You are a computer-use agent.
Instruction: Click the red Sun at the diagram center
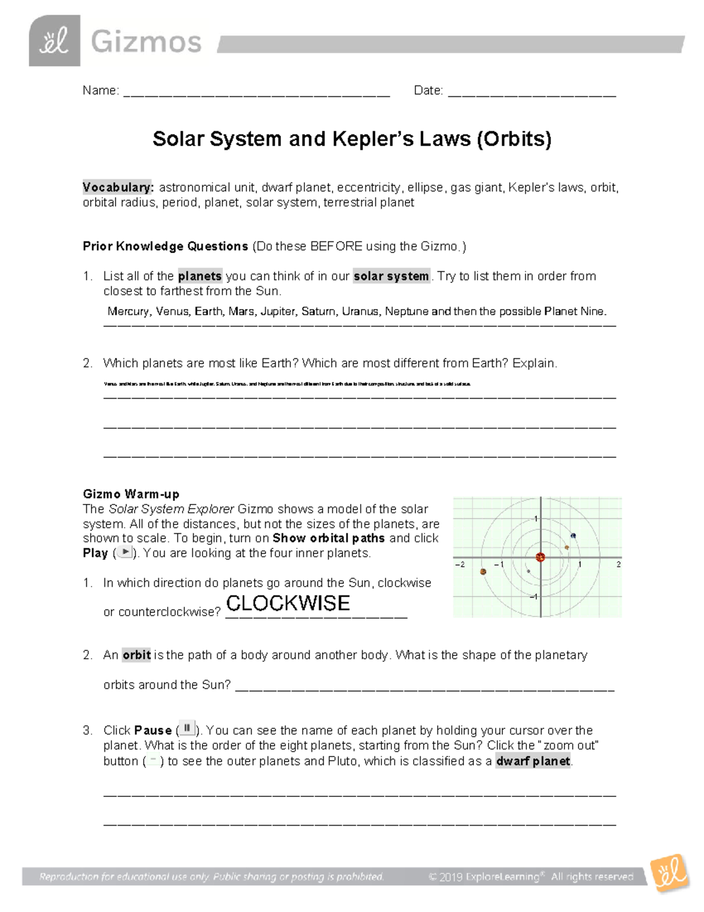(x=540, y=557)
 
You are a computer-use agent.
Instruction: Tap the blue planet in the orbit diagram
(x=573, y=536)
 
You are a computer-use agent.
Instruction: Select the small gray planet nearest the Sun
(x=529, y=571)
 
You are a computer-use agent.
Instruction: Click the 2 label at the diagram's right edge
(x=618, y=564)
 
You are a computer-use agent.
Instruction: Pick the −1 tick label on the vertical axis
(x=533, y=597)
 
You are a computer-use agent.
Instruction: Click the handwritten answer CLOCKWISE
(x=287, y=603)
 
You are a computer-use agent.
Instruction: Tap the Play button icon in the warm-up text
(x=124, y=552)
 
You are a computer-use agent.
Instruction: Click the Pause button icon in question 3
(x=187, y=729)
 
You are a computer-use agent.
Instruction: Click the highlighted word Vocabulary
(x=118, y=187)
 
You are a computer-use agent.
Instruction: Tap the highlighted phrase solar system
(x=391, y=276)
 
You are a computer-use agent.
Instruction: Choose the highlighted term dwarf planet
(x=533, y=761)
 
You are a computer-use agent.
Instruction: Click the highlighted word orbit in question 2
(x=136, y=655)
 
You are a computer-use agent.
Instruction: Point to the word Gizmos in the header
(x=146, y=42)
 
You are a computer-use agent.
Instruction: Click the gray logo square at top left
(x=54, y=41)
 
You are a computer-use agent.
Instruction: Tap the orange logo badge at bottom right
(x=669, y=873)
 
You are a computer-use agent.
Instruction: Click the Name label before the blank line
(x=100, y=90)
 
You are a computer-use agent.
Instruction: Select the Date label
(x=428, y=90)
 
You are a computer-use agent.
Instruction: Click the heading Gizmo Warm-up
(x=131, y=494)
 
